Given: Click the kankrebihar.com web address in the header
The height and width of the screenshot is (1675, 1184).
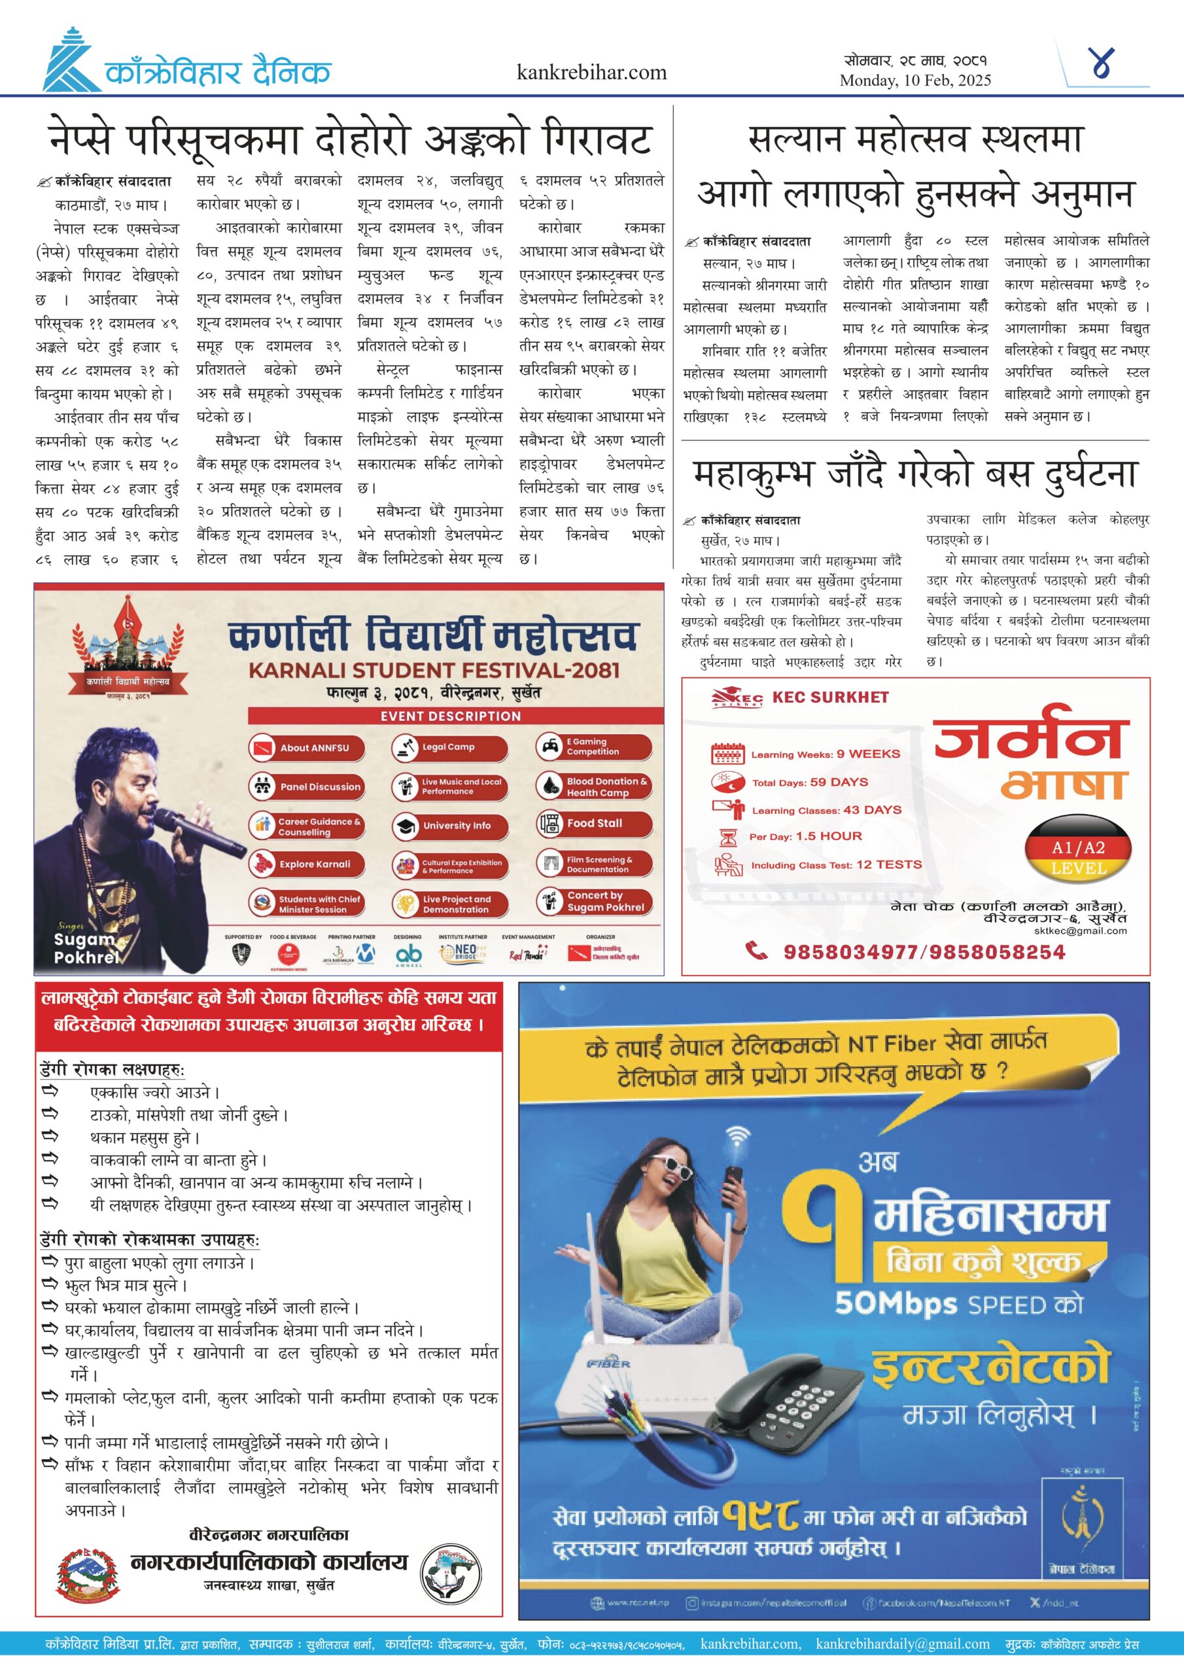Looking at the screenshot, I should [591, 72].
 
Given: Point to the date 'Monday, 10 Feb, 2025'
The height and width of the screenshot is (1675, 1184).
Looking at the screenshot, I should [914, 80].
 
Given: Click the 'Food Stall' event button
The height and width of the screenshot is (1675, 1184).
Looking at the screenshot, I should [594, 824].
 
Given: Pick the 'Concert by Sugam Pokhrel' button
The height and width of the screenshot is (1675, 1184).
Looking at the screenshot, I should [594, 902].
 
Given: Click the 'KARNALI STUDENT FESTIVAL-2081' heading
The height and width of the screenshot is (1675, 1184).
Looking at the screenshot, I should [434, 670].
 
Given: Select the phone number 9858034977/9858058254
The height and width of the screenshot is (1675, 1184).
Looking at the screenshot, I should [924, 952].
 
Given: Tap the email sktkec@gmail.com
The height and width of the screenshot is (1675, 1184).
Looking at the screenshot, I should [1080, 930].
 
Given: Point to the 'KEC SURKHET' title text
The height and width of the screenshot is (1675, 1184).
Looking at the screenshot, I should [830, 697].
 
